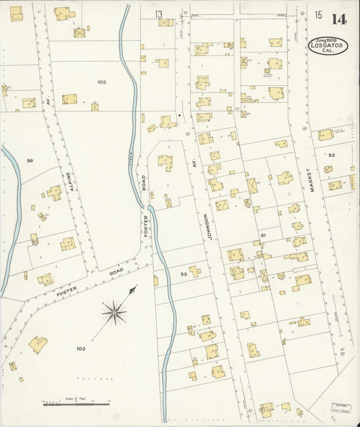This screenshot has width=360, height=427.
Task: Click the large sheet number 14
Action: [339, 18]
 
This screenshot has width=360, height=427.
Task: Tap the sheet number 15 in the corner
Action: [318, 15]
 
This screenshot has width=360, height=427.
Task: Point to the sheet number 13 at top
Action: [159, 14]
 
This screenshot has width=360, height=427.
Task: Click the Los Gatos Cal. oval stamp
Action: [328, 46]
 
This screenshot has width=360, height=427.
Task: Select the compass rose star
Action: [114, 312]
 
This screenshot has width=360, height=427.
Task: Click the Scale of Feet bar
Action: [76, 404]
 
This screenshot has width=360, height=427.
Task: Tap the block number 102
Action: [101, 82]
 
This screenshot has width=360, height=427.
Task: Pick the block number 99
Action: [30, 160]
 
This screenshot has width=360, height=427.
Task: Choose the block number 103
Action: [80, 349]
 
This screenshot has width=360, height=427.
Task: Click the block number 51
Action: [263, 235]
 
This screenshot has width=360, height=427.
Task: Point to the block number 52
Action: [332, 155]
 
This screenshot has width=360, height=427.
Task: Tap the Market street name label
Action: [313, 180]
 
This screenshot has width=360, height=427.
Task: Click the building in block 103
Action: [38, 345]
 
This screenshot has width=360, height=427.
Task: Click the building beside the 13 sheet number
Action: [165, 22]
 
